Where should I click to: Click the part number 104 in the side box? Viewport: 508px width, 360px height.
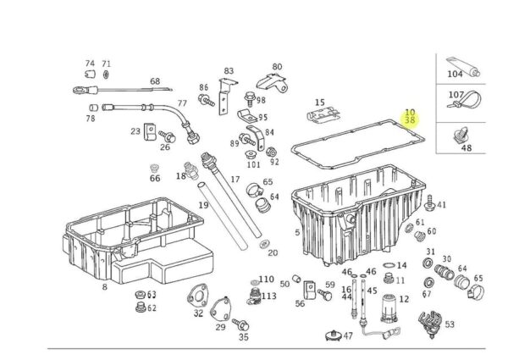click(456, 75)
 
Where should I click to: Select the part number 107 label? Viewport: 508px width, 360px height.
click(456, 95)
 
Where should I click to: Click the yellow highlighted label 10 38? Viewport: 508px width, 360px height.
click(410, 116)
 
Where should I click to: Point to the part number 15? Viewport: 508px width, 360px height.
click(319, 102)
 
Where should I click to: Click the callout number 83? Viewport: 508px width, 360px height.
click(228, 71)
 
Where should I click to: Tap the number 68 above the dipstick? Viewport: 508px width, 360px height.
click(155, 81)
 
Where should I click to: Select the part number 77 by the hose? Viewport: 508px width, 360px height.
click(182, 103)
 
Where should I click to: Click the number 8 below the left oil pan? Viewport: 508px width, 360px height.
click(104, 287)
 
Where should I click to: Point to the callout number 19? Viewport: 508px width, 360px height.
click(203, 206)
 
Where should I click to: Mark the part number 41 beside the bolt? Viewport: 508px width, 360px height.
click(441, 205)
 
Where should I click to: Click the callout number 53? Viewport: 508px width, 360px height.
click(450, 324)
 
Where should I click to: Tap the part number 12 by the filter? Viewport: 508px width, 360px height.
click(403, 299)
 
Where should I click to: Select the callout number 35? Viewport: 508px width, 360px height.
click(244, 336)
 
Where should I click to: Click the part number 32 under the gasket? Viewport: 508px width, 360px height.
click(198, 313)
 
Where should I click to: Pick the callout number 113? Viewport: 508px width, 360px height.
click(268, 296)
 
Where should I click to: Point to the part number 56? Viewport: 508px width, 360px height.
click(300, 302)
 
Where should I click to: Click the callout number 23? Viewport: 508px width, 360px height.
click(135, 131)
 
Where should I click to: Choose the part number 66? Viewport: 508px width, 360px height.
click(154, 179)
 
